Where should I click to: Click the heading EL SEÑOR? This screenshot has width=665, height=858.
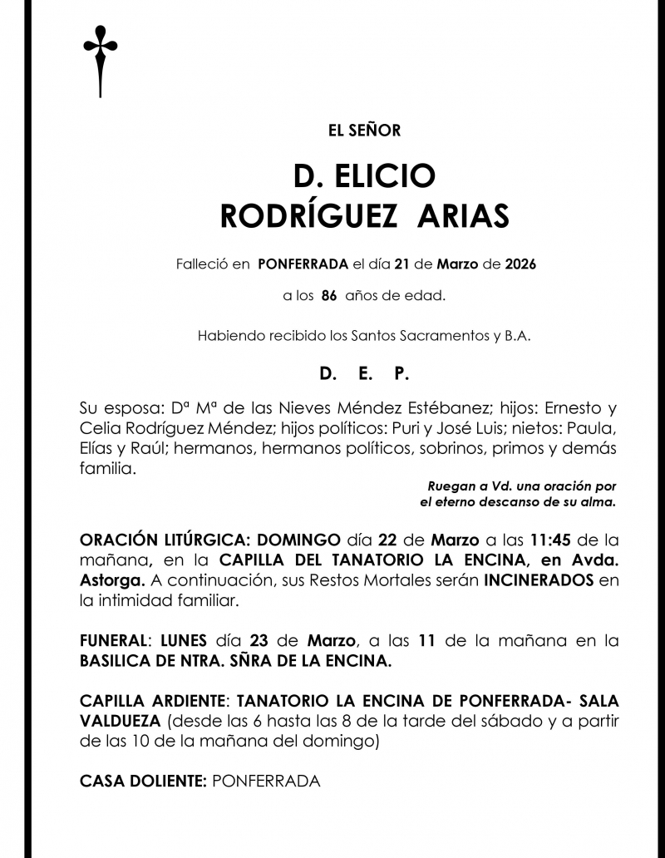(364, 131)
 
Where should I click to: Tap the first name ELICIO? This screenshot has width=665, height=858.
(387, 175)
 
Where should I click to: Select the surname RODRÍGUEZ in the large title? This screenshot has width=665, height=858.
(308, 216)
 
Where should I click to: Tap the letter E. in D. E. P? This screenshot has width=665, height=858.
(365, 375)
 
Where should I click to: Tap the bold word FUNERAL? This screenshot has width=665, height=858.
(112, 641)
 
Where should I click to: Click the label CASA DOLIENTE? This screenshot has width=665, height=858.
(143, 781)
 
